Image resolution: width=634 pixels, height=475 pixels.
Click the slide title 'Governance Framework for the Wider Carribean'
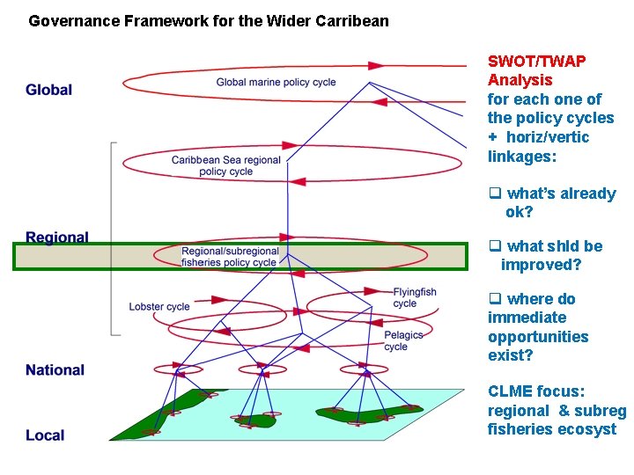(208, 20)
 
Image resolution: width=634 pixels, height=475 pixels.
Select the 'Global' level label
(49, 90)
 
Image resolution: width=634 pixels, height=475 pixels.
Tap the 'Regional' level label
(57, 237)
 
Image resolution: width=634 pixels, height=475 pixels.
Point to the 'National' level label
(55, 370)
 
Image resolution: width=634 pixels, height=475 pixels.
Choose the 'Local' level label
(45, 435)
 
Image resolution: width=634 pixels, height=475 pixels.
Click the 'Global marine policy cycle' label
(276, 83)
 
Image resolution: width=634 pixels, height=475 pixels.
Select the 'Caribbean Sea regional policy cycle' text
(226, 165)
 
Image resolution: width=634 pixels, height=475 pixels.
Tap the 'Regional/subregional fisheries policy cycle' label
(230, 257)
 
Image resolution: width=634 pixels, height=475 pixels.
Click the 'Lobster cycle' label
(159, 307)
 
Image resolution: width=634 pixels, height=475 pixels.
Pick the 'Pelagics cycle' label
(403, 340)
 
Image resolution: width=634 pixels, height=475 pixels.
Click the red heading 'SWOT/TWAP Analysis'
(536, 70)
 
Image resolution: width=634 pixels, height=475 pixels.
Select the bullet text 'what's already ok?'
(560, 202)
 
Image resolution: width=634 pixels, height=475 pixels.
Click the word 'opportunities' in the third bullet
(538, 337)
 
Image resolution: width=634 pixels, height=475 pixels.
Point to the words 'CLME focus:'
(536, 391)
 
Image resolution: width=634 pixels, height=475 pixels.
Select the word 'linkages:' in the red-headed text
(525, 157)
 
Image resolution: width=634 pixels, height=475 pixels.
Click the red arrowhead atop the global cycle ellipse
(376, 65)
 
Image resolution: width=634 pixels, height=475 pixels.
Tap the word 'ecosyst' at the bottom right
(587, 429)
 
